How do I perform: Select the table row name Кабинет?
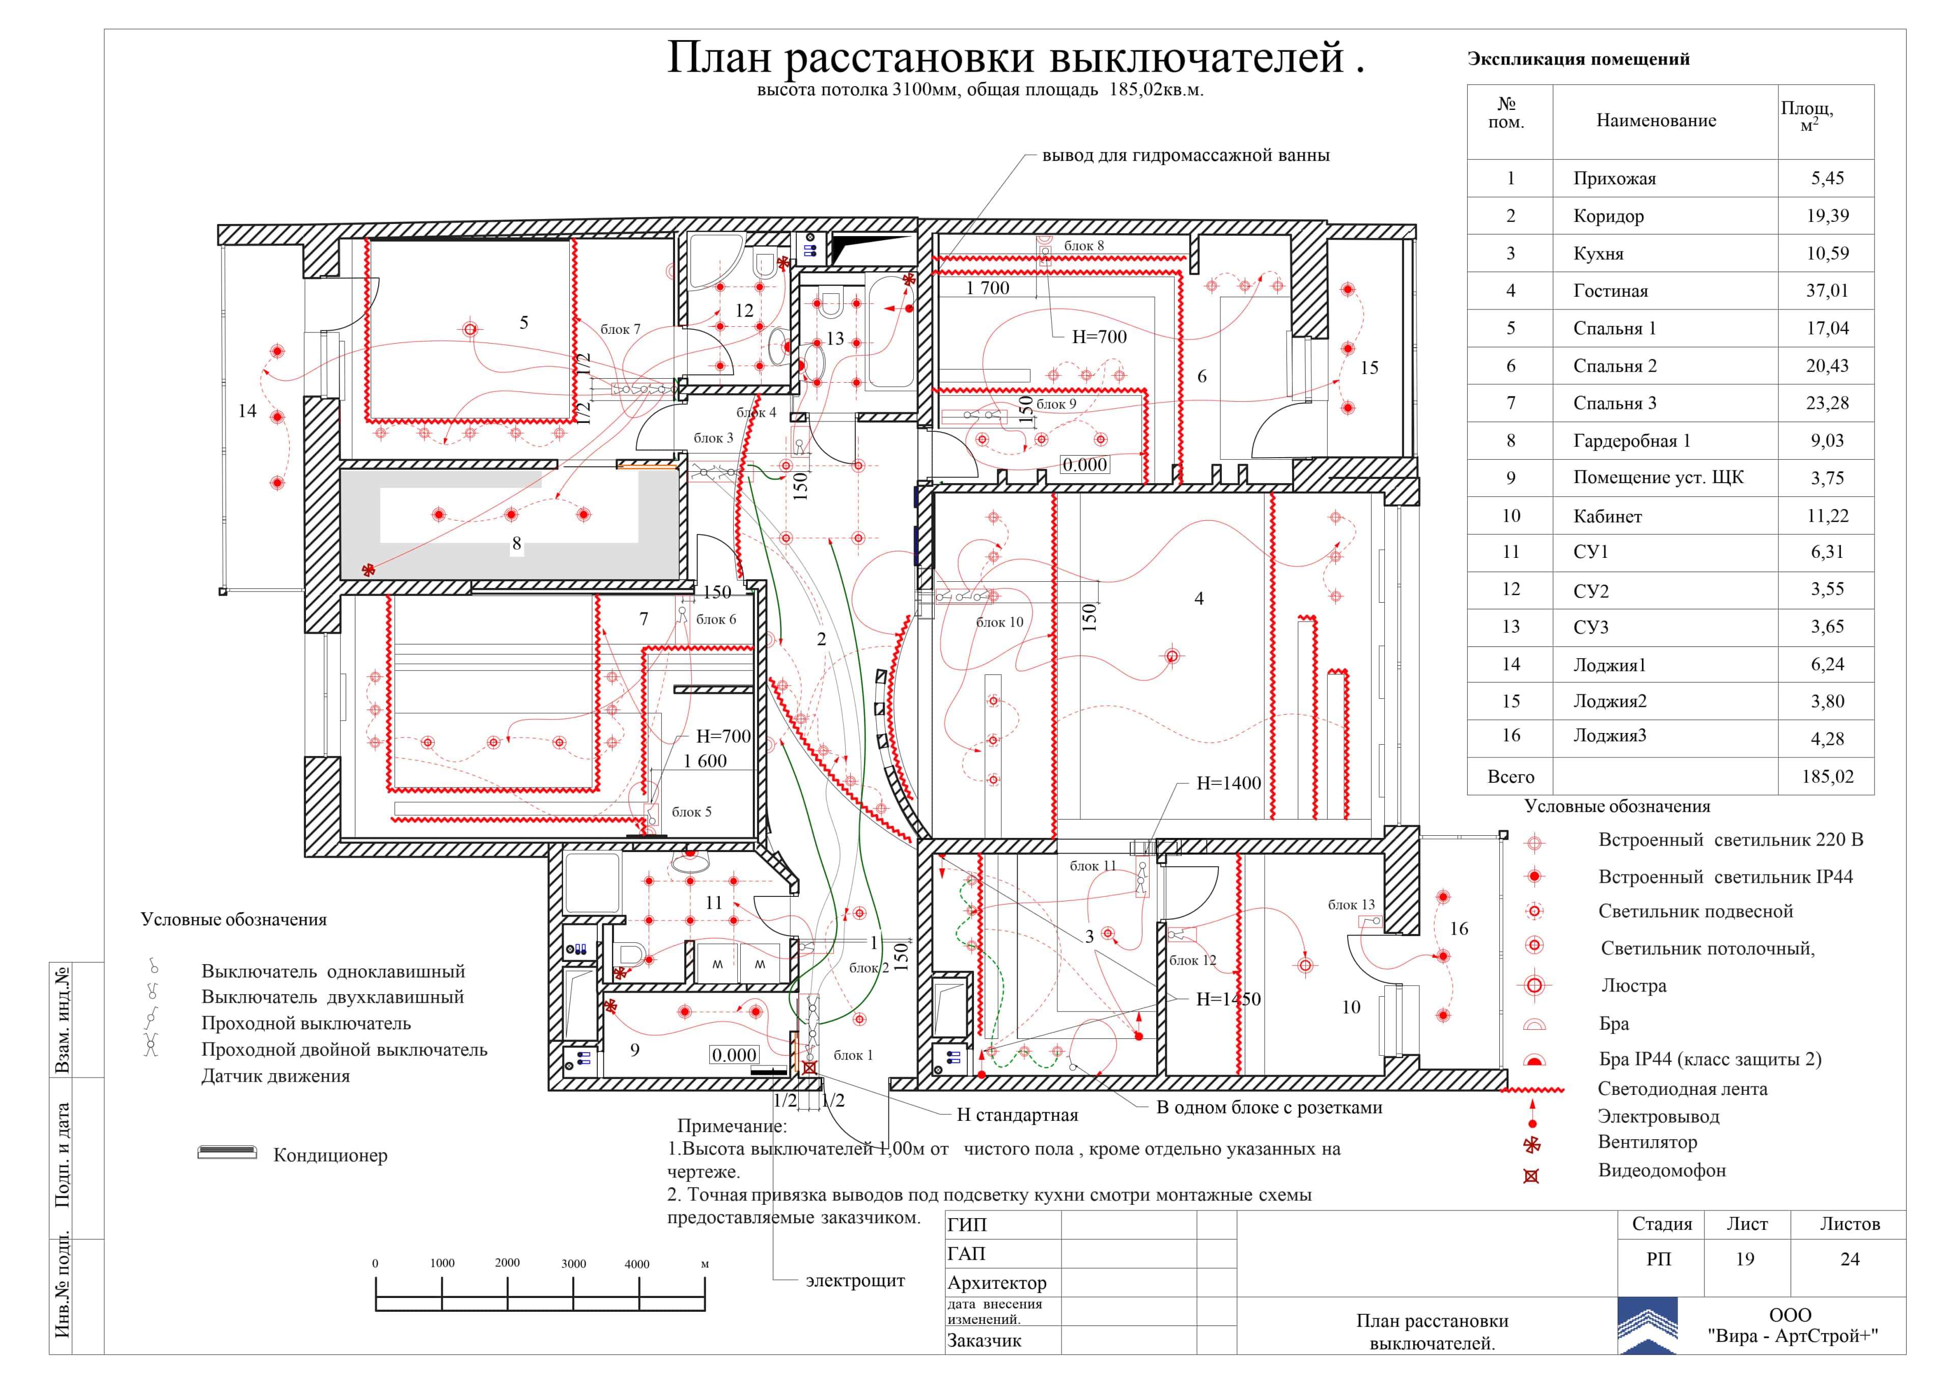tap(1608, 516)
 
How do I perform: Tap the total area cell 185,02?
tap(1827, 777)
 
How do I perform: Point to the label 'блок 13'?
tap(1351, 905)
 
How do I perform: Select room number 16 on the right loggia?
tap(1459, 929)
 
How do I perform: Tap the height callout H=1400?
tap(1228, 783)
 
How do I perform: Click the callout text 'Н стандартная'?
tap(1017, 1115)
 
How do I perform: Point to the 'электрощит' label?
tap(855, 1281)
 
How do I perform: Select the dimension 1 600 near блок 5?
tap(705, 761)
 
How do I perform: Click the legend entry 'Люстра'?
tap(1633, 986)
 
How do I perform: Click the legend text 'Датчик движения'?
tap(275, 1076)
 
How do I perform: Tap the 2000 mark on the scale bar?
tap(508, 1263)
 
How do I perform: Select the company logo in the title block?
tap(1647, 1325)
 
